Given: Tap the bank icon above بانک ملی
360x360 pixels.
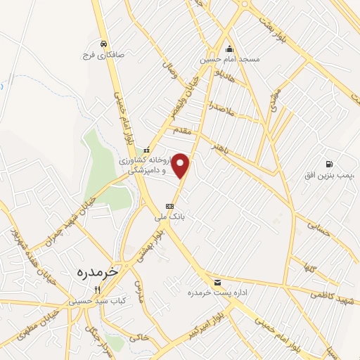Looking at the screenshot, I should coord(169,206).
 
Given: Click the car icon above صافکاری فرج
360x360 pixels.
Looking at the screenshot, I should coord(103,42).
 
